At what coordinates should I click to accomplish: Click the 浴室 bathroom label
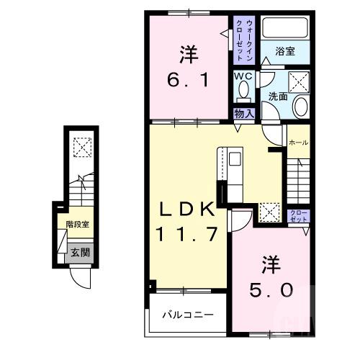(x=285, y=51)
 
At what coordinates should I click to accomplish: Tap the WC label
(x=243, y=76)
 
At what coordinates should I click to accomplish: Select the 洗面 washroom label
(x=278, y=96)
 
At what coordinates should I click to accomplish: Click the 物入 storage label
(x=244, y=114)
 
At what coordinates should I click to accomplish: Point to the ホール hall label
(x=299, y=143)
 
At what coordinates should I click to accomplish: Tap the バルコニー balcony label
(x=188, y=315)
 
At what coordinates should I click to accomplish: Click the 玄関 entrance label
(x=80, y=253)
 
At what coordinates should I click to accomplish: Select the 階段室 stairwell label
(x=78, y=225)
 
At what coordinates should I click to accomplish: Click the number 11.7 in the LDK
(x=187, y=235)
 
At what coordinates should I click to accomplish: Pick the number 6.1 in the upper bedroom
(x=188, y=80)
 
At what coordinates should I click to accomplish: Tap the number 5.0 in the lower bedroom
(x=271, y=289)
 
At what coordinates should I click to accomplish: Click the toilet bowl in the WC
(x=244, y=89)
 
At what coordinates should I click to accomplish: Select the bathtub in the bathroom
(x=285, y=27)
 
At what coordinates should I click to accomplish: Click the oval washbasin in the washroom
(x=301, y=107)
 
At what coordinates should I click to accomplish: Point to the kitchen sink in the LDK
(x=235, y=158)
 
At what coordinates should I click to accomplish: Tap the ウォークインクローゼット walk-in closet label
(x=243, y=40)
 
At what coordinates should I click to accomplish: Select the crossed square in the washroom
(x=299, y=82)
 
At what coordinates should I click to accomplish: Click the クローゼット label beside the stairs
(x=299, y=216)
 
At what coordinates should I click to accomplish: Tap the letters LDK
(x=188, y=209)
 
